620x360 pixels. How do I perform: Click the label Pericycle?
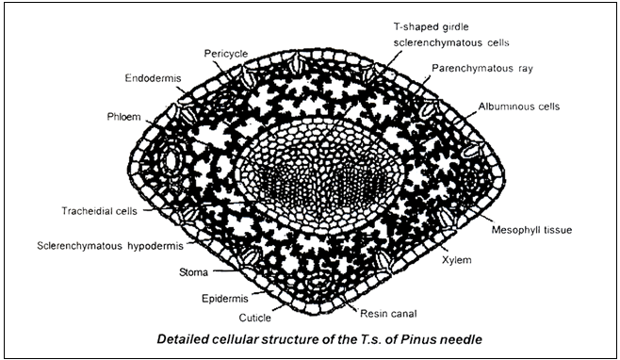pos(224,54)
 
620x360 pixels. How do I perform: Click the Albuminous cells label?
pos(518,106)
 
